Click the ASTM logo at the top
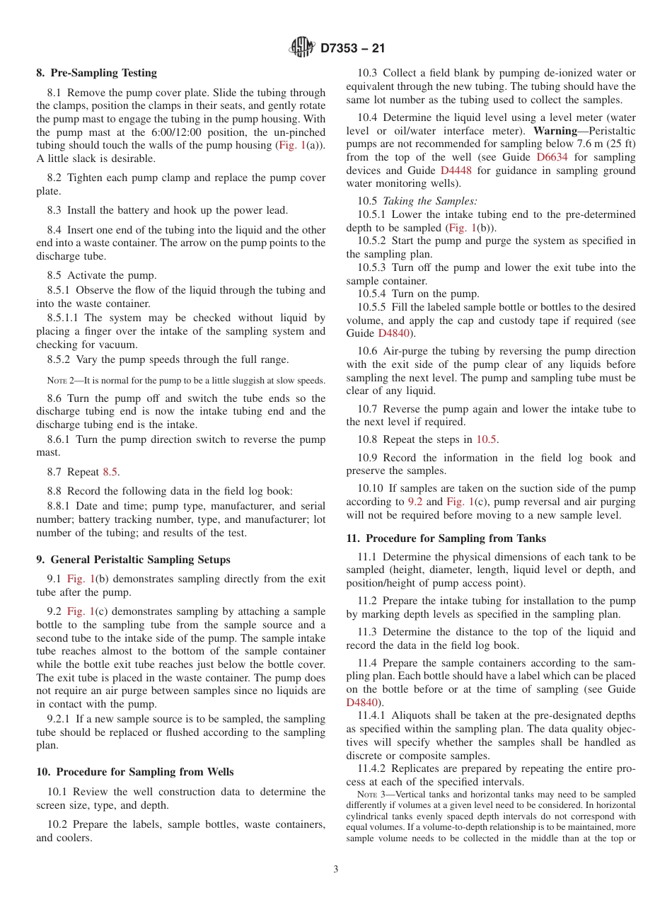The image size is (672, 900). (302, 48)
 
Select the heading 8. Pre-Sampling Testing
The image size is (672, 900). (97, 73)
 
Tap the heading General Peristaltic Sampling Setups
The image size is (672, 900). (140, 560)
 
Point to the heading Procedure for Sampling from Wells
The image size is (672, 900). (144, 772)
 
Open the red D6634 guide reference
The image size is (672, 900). (552, 158)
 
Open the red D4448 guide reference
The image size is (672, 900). (455, 171)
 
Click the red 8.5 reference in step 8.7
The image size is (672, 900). (110, 471)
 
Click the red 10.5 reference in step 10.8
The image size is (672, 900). (487, 439)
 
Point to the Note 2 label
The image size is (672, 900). (64, 380)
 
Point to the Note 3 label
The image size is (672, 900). (373, 795)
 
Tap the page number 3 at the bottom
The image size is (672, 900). (336, 870)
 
